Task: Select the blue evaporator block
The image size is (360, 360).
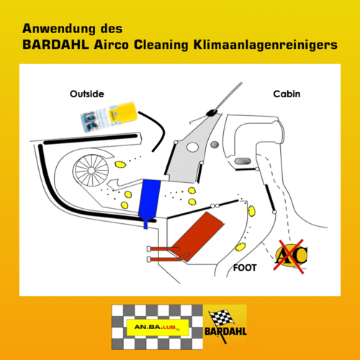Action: click(150, 198)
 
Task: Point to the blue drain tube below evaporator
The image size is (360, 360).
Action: click(148, 223)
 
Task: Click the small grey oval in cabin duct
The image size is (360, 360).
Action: click(243, 160)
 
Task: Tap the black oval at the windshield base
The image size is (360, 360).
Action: click(214, 112)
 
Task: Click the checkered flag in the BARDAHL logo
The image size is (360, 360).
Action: click(219, 317)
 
